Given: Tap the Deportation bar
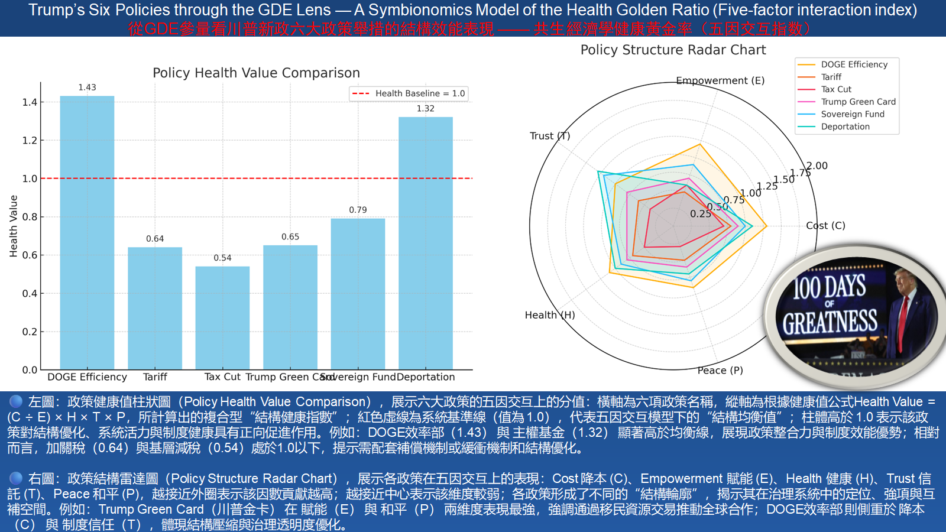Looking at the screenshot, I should (426, 243).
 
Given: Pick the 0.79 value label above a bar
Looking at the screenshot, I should (358, 210).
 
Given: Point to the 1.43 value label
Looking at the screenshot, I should (87, 87).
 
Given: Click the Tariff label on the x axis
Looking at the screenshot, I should (155, 377).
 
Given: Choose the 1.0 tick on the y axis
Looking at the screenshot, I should (30, 179).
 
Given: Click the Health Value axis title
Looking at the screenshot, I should (14, 226).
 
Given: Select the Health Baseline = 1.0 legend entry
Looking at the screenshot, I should (409, 93).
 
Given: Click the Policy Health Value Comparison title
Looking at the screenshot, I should (256, 73).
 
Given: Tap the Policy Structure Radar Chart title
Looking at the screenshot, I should (673, 50).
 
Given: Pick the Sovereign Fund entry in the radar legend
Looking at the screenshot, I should (852, 114).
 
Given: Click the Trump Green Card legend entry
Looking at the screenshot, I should (858, 102).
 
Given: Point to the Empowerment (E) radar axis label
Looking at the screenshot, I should (720, 80).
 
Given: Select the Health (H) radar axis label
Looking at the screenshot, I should (550, 315).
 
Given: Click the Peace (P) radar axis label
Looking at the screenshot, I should (720, 371).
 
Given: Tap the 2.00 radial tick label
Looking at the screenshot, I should (818, 166).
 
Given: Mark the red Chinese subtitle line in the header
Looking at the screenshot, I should (471, 28).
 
